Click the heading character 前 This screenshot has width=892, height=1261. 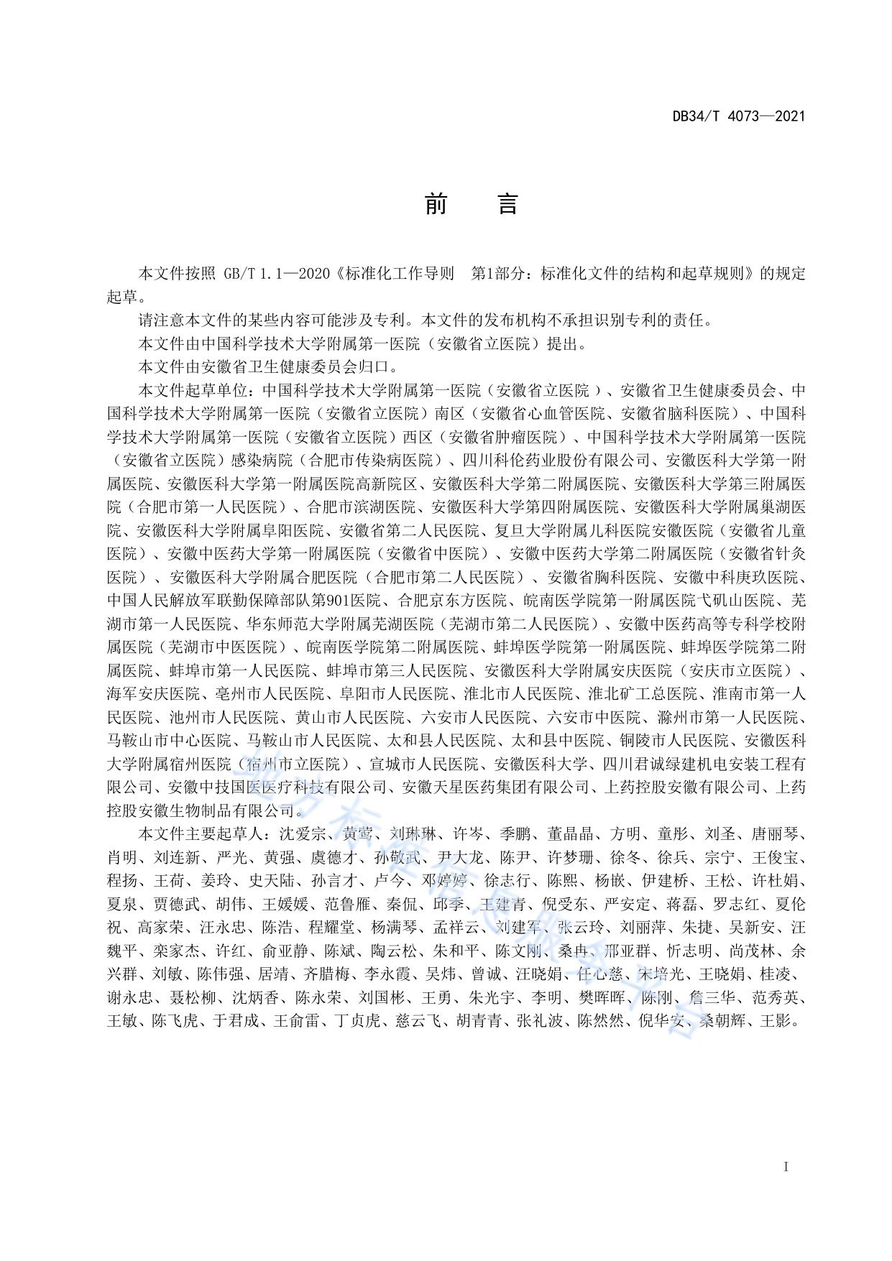pos(436,205)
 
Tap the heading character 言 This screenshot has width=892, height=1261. pos(507,205)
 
